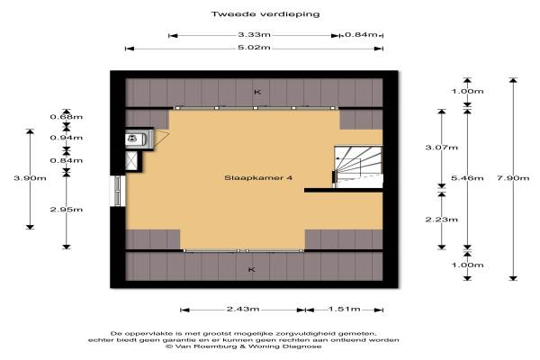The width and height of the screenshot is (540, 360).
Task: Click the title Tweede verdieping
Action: [x=265, y=14]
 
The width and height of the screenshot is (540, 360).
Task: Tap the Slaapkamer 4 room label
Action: [x=258, y=178]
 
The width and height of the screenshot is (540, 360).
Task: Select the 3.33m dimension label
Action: [x=254, y=34]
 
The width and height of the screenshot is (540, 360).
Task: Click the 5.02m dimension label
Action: [x=254, y=48]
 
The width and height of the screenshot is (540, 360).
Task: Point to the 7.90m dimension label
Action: [x=513, y=178]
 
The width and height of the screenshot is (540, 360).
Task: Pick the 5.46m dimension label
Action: [x=467, y=178]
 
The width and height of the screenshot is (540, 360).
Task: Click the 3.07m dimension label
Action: [x=442, y=148]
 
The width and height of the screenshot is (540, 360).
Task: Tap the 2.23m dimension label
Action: [x=442, y=220]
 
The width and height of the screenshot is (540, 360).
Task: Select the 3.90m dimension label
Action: [x=30, y=178]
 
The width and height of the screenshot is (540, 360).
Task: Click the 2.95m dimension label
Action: [x=67, y=210]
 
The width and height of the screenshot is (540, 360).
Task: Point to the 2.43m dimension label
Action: [x=243, y=309]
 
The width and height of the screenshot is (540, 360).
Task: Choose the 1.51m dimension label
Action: [x=345, y=309]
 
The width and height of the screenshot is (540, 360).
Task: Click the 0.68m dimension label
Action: [x=67, y=117]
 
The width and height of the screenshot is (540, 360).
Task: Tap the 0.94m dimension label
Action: [x=67, y=138]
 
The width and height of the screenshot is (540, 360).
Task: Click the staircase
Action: [x=358, y=166]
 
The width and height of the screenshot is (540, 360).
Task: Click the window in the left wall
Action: [x=118, y=191]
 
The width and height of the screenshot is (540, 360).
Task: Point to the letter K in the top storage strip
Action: [x=257, y=92]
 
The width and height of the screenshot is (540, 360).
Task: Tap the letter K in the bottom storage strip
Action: [x=252, y=269]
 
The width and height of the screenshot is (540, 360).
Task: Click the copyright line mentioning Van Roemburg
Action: [x=244, y=346]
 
